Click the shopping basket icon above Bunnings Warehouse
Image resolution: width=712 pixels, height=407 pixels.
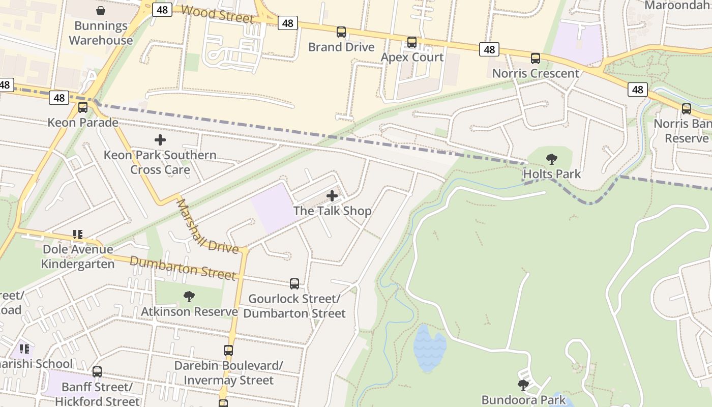[x=101, y=11]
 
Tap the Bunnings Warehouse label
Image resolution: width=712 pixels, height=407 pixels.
[x=101, y=33]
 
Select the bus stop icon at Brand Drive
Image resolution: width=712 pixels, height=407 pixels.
[x=341, y=32]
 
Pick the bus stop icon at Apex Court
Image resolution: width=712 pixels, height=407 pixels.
[x=412, y=42]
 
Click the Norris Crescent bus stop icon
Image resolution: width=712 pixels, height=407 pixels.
[x=536, y=59]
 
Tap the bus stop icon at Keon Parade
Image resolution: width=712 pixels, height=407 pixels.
[x=83, y=107]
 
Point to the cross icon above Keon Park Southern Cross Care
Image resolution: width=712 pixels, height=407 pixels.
[x=160, y=140]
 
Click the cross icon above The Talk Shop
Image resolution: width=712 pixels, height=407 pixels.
[x=332, y=196]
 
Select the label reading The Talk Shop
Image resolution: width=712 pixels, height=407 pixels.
[x=332, y=211]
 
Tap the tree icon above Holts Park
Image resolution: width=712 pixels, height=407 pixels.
[x=552, y=159]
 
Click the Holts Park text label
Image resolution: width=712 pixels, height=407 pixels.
[x=552, y=174]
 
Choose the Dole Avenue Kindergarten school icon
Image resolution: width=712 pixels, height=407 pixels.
[x=77, y=235]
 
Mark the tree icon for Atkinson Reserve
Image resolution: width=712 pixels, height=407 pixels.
[x=189, y=296]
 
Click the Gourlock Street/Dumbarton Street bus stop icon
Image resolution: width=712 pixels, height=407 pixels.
[x=294, y=284]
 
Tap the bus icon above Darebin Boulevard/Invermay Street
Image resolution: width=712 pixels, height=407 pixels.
[x=228, y=351]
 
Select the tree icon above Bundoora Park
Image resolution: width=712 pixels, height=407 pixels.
[x=523, y=385]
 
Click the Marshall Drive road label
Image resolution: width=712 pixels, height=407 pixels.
[x=206, y=226]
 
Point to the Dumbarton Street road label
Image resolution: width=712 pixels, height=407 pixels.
[x=183, y=268]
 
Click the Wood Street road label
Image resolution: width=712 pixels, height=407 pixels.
[x=217, y=14]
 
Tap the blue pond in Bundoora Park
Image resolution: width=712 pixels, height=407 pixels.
[x=429, y=348]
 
